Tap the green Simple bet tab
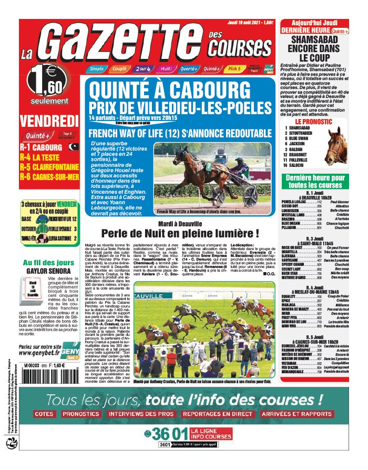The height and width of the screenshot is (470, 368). click(x=97, y=68)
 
